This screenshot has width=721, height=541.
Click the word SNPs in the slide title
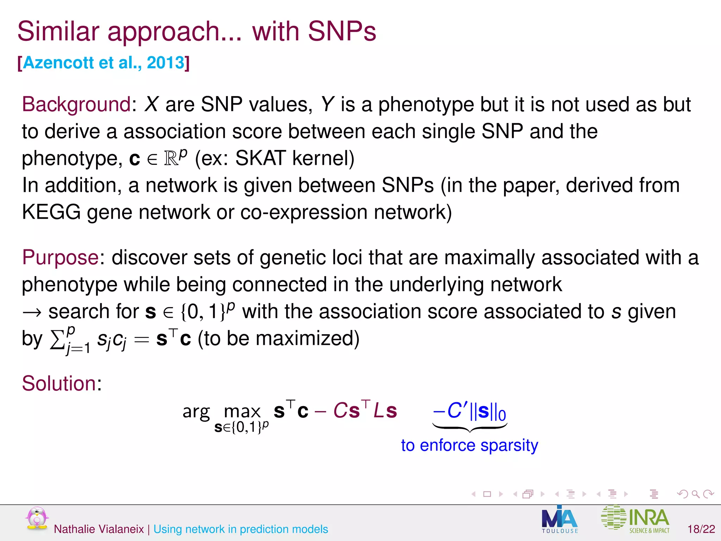(342, 31)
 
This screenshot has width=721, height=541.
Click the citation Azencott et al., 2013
(104, 63)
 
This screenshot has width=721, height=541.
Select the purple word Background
(76, 104)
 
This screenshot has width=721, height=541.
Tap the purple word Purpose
(60, 257)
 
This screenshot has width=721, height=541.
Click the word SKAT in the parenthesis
(260, 158)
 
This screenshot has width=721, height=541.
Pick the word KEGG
(51, 212)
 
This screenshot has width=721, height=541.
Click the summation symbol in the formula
(57, 339)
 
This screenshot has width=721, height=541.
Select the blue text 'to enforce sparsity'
(469, 445)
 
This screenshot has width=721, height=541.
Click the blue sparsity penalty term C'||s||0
(470, 411)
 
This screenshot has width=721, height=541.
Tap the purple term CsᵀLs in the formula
(365, 410)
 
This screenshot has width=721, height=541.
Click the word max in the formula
(242, 411)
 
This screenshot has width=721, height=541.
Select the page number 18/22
(701, 529)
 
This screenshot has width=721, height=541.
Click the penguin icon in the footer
(37, 518)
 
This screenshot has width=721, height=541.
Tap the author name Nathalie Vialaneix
(99, 529)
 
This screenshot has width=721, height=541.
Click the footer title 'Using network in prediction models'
(240, 529)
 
